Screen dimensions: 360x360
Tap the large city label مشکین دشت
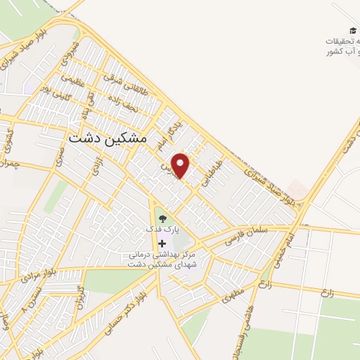pos(108,139)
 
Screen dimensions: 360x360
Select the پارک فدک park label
pos(162,229)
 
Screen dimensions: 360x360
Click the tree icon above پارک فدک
pos(162,218)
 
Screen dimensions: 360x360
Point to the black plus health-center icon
pos(162,242)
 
